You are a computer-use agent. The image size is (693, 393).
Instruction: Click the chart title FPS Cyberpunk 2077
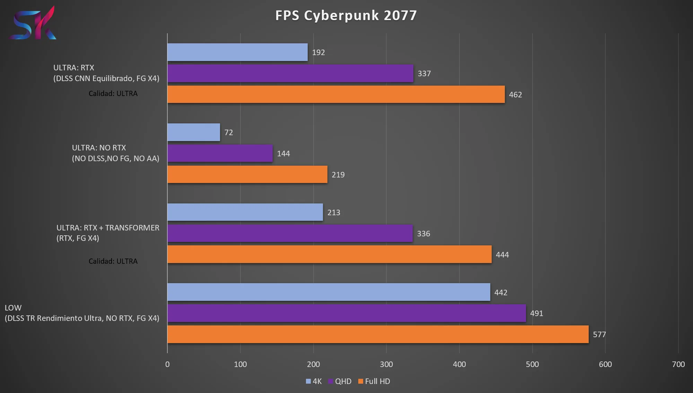pos(346,16)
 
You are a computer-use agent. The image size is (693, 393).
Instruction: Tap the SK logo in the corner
pos(33,23)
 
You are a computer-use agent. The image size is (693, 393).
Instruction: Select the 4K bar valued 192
pos(237,52)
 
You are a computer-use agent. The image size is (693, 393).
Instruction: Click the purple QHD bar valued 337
pos(290,73)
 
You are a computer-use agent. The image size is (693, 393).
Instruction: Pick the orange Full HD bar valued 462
pos(336,94)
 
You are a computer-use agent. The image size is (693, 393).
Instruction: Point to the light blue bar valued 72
pos(194,132)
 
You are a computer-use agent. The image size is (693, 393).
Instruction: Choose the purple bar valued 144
pos(220,153)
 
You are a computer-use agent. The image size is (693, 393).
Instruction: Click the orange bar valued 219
pos(247,174)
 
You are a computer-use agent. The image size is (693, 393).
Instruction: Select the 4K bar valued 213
pos(245,212)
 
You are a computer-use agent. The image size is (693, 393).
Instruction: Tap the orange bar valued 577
pos(378,334)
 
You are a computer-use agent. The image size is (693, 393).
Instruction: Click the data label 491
pos(536,313)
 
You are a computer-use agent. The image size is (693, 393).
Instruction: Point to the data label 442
pos(501,292)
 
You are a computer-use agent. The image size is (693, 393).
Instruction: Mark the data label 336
pos(423,234)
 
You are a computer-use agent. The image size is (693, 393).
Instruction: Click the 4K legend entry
pos(314,381)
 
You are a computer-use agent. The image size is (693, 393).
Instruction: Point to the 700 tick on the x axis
pos(678,364)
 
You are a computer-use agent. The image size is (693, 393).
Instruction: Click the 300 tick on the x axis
pos(386,364)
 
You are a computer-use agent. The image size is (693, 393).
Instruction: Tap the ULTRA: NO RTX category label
pos(99,148)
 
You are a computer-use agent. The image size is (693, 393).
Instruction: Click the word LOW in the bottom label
pos(13,308)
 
